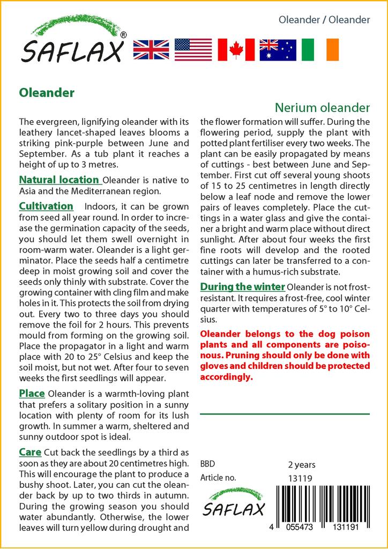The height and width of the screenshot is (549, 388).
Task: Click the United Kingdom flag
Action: pyautogui.click(x=151, y=49)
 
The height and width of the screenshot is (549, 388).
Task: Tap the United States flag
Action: pyautogui.click(x=193, y=49)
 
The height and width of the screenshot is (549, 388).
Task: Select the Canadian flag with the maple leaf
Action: pyautogui.click(x=236, y=49)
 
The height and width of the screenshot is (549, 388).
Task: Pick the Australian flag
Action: pyautogui.click(x=278, y=49)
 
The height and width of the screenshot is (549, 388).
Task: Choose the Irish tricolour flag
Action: pyautogui.click(x=320, y=49)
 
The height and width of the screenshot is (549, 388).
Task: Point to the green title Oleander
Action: pyautogui.click(x=47, y=93)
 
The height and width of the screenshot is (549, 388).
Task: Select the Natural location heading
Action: pyautogui.click(x=59, y=180)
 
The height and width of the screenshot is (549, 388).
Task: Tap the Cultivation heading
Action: pyautogui.click(x=46, y=206)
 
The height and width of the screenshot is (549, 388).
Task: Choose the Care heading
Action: pyautogui.click(x=31, y=452)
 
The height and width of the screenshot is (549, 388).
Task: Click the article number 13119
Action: pyautogui.click(x=300, y=478)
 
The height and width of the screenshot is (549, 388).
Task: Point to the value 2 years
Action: pyautogui.click(x=302, y=464)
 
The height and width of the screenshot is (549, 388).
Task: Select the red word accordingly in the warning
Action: pyautogui.click(x=226, y=377)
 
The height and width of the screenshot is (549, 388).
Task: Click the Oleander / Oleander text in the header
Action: pyautogui.click(x=324, y=20)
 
